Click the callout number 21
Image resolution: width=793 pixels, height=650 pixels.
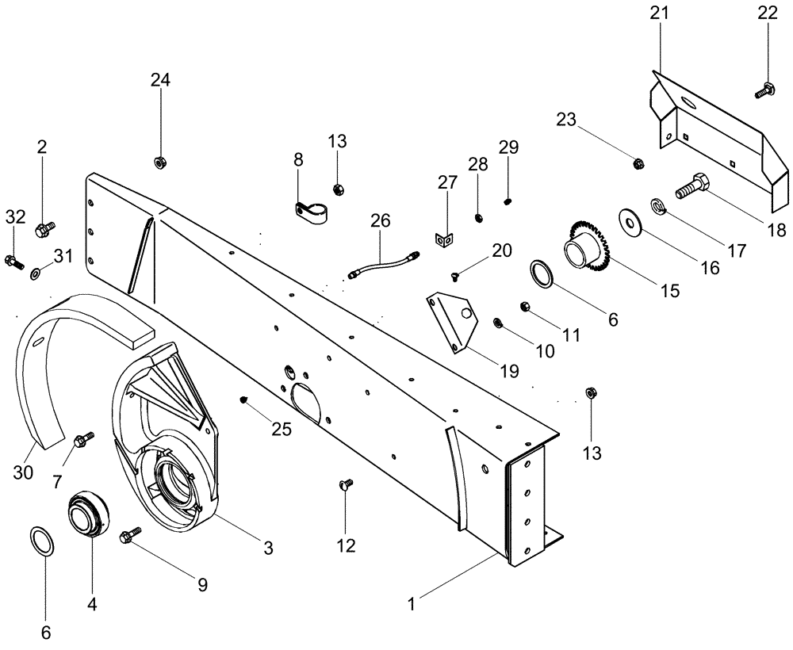(659, 13)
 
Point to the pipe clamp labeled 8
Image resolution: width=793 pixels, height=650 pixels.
(310, 212)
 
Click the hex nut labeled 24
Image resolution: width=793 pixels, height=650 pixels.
(159, 162)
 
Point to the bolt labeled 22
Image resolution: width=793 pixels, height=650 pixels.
(765, 90)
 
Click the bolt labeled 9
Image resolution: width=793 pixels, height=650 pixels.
(128, 536)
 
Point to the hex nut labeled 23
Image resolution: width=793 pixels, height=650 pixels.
(638, 164)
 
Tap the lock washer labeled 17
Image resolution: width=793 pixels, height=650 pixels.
(657, 208)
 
